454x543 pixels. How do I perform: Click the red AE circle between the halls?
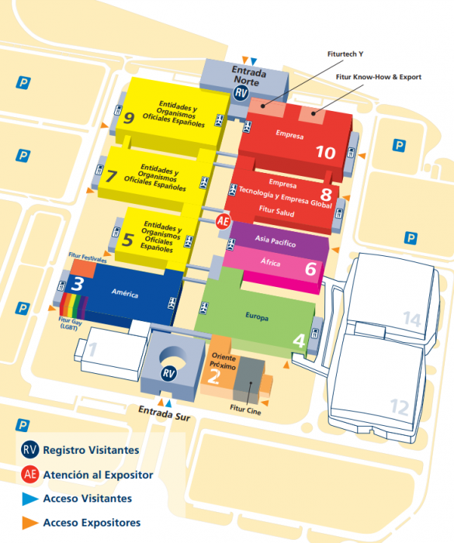(x=223, y=221)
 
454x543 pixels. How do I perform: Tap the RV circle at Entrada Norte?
(x=241, y=93)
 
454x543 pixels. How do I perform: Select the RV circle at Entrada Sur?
(x=168, y=373)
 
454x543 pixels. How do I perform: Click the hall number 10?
(x=325, y=152)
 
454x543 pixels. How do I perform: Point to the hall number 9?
(x=129, y=118)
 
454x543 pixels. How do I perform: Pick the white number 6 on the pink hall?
(x=310, y=268)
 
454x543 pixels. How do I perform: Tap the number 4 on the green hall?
(x=299, y=341)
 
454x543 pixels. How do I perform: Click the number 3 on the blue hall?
(x=77, y=284)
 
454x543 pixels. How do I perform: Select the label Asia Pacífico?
(x=276, y=241)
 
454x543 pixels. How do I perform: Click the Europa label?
(x=257, y=316)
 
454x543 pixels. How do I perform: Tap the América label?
(x=125, y=293)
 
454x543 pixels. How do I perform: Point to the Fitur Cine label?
(x=245, y=409)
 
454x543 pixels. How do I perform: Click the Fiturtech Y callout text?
(x=345, y=54)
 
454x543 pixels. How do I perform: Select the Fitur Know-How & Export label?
(x=379, y=77)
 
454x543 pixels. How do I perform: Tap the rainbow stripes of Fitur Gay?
(x=74, y=306)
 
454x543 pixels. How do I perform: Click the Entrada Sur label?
(x=165, y=413)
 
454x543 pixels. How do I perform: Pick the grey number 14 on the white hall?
(x=412, y=319)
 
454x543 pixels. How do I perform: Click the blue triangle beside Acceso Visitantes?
(x=30, y=499)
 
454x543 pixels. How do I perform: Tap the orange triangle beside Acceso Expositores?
(x=30, y=523)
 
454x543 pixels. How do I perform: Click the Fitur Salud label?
(x=276, y=211)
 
